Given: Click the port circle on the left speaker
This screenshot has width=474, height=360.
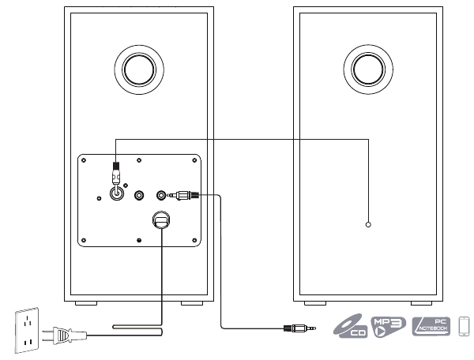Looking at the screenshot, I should [139, 69].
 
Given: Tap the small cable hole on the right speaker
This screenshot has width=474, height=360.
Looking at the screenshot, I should [368, 225].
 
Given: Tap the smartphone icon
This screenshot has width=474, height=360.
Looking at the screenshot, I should [465, 325].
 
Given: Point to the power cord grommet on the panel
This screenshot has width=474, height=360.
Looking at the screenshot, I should [161, 219].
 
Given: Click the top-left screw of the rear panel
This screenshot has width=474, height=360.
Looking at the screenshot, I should [82, 160].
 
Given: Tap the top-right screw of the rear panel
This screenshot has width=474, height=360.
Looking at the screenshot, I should [195, 160].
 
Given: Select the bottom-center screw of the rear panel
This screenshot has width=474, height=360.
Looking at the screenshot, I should [139, 239].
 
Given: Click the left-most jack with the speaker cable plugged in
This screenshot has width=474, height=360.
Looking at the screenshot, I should [117, 190].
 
